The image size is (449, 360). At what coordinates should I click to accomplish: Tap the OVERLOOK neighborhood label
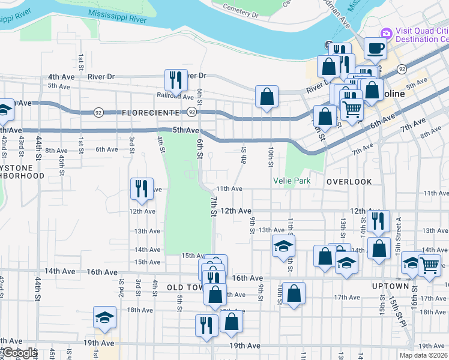[x=349, y=181]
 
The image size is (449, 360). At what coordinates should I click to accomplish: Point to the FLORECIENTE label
[x=150, y=113]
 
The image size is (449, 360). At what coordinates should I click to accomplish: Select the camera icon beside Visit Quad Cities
[x=387, y=32]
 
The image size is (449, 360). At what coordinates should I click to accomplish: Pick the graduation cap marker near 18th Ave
[x=104, y=317]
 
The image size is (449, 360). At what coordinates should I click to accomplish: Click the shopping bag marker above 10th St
[x=267, y=96]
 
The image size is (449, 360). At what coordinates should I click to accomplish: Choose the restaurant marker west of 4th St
[x=142, y=188]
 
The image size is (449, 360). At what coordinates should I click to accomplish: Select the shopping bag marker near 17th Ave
[x=294, y=293]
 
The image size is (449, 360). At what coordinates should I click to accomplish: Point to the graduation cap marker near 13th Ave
[x=283, y=245]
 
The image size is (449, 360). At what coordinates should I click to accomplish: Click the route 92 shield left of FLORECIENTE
[x=98, y=112]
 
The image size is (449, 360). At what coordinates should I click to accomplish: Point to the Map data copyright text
[x=423, y=355]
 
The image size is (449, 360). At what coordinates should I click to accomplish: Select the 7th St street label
[x=213, y=204]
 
